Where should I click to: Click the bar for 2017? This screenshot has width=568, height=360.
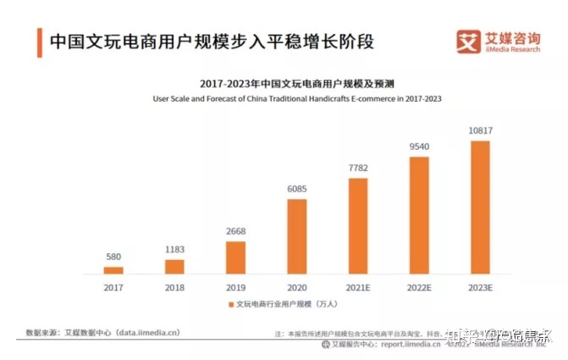pyautogui.click(x=113, y=270)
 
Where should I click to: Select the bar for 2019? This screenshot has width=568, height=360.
pyautogui.click(x=235, y=258)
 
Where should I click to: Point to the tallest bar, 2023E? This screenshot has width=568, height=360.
pyautogui.click(x=480, y=207)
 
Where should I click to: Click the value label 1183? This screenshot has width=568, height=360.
pyautogui.click(x=174, y=249)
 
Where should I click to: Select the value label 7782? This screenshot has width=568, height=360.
pyautogui.click(x=358, y=169)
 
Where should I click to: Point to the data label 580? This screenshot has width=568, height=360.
pyautogui.click(x=113, y=258)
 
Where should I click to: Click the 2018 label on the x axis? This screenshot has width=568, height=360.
pyautogui.click(x=174, y=287)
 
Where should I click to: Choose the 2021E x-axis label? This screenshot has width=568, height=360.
pyautogui.click(x=358, y=287)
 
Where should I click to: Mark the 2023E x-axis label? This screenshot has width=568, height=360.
pyautogui.click(x=480, y=287)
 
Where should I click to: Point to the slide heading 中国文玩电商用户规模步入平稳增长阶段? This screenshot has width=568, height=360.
pyautogui.click(x=212, y=41)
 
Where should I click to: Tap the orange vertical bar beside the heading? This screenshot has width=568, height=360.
pyautogui.click(x=40, y=42)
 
